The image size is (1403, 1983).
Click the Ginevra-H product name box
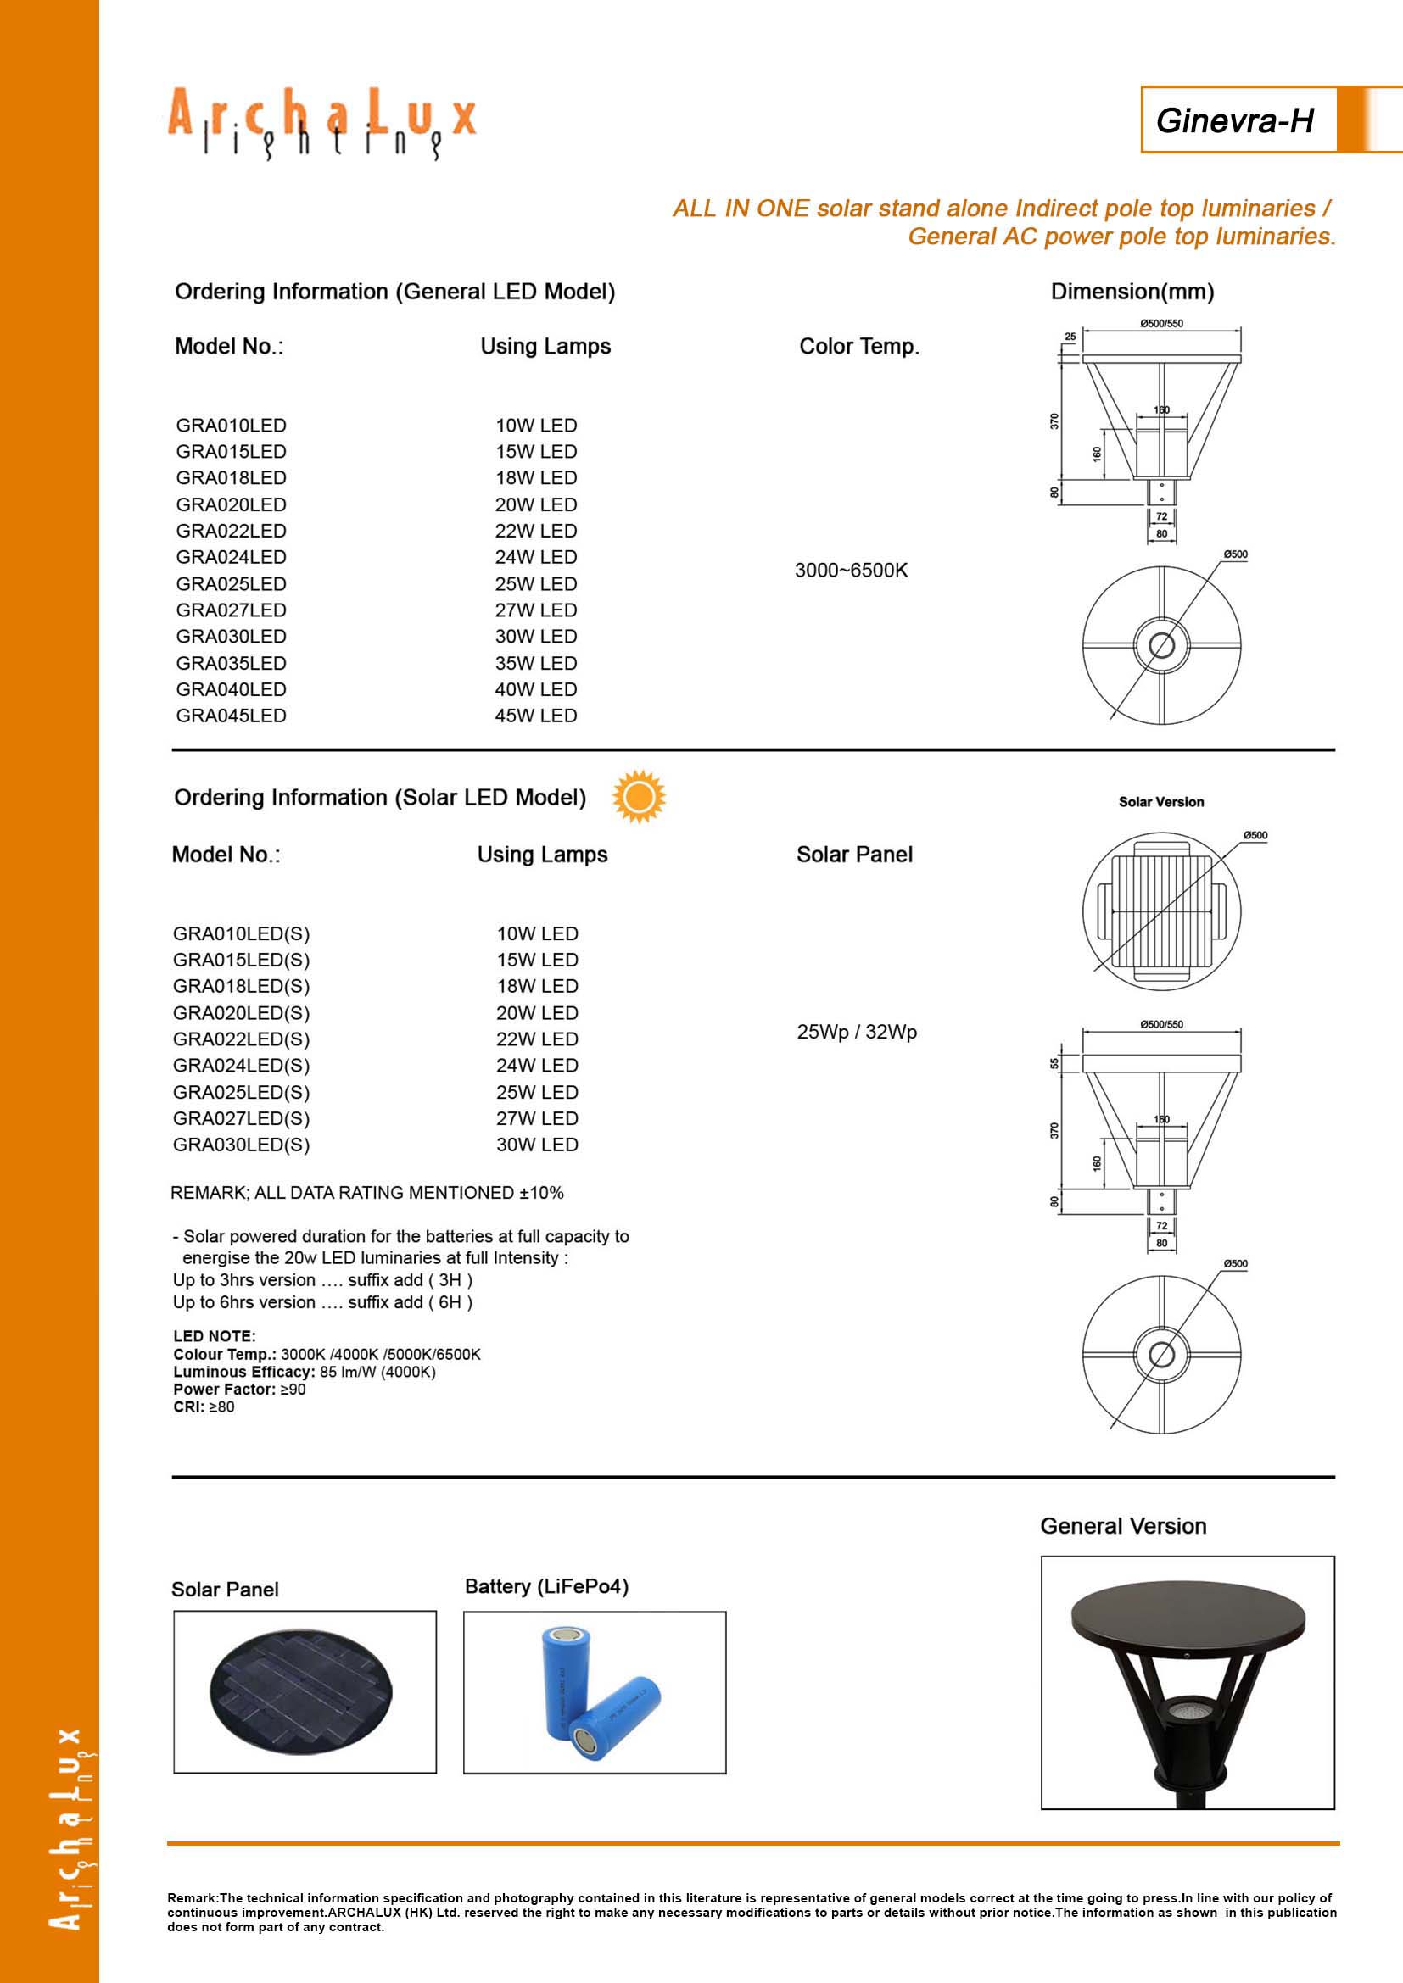[1235, 120]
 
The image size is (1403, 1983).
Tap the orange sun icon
[640, 796]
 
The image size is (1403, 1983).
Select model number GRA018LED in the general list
[231, 477]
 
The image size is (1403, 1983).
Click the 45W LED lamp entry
[535, 716]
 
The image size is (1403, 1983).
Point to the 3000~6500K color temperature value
[851, 570]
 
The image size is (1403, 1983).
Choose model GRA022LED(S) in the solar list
[241, 1039]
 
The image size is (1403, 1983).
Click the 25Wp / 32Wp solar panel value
[856, 1032]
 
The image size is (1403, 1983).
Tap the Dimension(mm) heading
[1132, 292]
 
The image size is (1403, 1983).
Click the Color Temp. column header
[858, 347]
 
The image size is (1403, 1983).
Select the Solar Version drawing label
[1161, 801]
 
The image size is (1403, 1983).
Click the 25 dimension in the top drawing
[1070, 337]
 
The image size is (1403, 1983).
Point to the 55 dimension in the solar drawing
[1054, 1063]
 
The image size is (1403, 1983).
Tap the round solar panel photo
[300, 1691]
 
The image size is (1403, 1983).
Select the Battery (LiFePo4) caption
[546, 1586]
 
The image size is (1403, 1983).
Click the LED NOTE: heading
[215, 1336]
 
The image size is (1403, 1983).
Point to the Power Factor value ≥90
[293, 1389]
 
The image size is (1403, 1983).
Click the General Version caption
[1123, 1526]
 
